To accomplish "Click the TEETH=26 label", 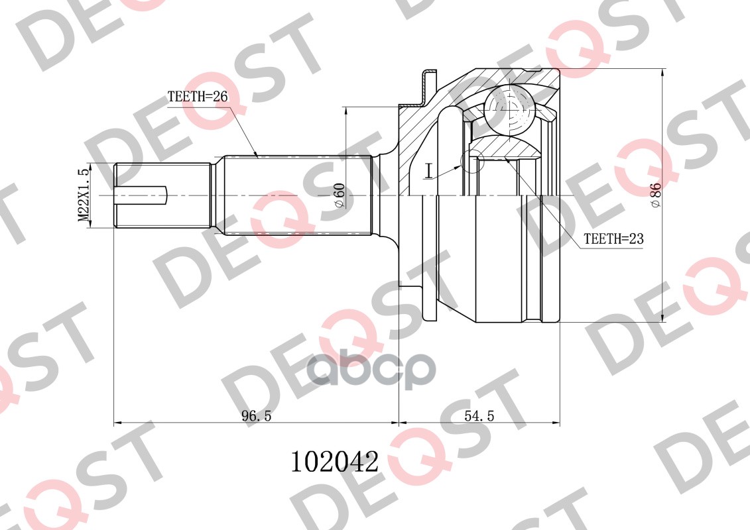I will click(x=198, y=97).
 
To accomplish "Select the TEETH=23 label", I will click(x=613, y=238).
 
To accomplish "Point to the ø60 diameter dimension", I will click(x=339, y=196).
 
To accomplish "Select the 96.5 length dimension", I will click(x=257, y=416).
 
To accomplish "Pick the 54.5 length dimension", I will click(x=479, y=416).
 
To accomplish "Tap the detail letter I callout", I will click(x=429, y=172).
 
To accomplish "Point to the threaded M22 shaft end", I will click(x=162, y=195).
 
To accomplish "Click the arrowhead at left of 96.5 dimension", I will click(x=119, y=423).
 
